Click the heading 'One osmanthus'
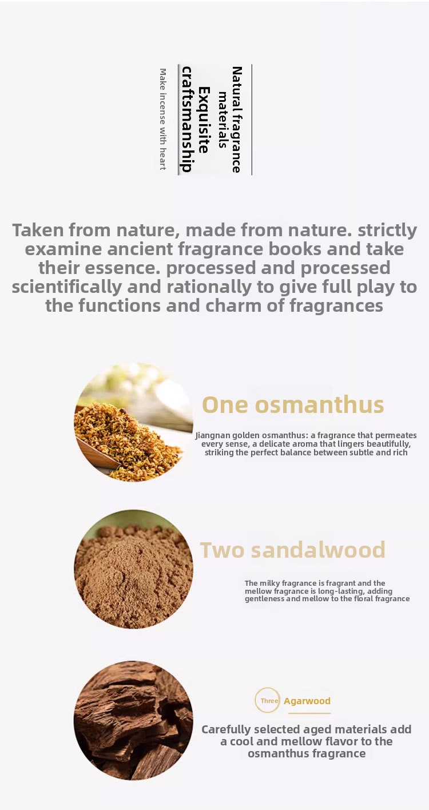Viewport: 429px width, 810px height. pos(293,404)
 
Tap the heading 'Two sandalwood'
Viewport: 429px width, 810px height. pos(293,550)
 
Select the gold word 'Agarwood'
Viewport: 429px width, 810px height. pos(307,701)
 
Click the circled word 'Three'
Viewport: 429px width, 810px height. pos(269,700)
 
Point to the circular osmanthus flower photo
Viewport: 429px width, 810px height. pos(133,422)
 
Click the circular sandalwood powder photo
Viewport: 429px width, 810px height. pos(133,569)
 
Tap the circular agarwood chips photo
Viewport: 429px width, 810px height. pos(133,720)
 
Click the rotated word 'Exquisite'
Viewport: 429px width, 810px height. pos(204,120)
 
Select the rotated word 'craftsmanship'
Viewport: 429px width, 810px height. pos(186,120)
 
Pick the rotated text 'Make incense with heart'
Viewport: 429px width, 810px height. pos(163,120)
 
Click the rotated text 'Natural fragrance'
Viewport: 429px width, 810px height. pos(237,120)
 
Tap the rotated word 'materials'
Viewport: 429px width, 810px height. pos(223,120)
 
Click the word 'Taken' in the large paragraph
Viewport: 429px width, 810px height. pos(38,230)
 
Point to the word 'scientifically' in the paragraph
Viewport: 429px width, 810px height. pos(66,287)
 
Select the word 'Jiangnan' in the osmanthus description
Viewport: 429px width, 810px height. pos(212,435)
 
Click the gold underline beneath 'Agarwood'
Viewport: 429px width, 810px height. pos(309,713)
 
